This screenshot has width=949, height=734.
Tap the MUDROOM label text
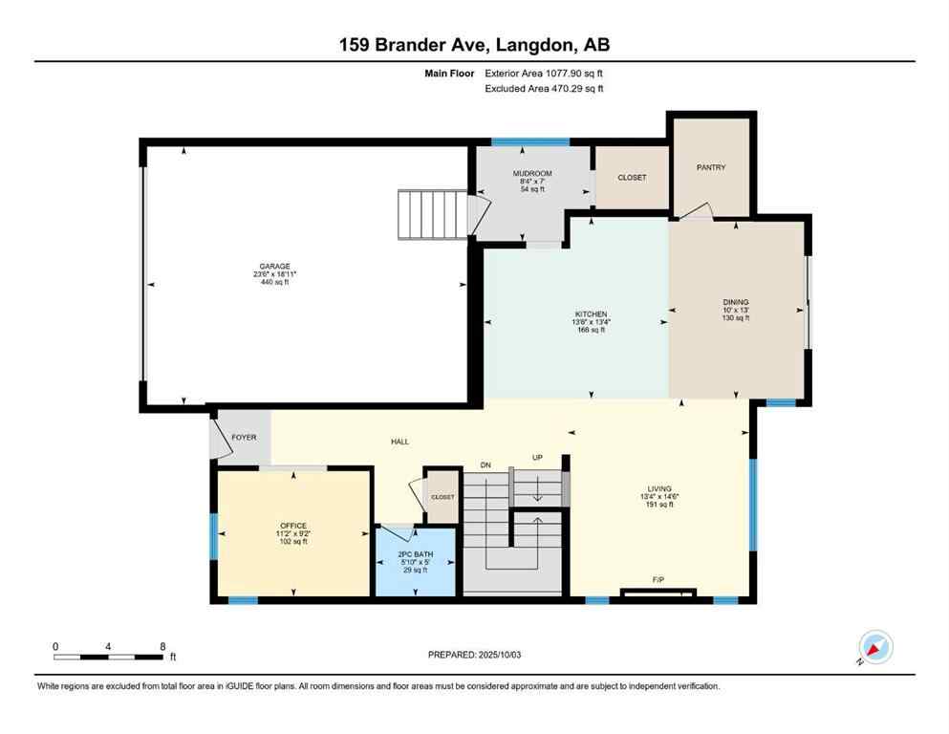coord(531,174)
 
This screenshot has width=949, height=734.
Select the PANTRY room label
coord(711,167)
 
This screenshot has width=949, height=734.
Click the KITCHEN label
coord(591,314)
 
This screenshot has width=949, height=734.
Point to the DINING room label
coord(736,302)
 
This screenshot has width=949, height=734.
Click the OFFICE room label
coord(292,526)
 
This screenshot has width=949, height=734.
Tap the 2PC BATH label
coord(415,554)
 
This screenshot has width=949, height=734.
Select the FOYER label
coord(244,437)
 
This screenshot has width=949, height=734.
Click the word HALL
coord(399,442)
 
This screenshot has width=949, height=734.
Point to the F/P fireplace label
coord(658,579)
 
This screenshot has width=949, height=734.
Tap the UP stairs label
coord(537,459)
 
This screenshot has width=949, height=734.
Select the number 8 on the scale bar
coord(162,646)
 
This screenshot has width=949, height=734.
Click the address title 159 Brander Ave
coord(419,45)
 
